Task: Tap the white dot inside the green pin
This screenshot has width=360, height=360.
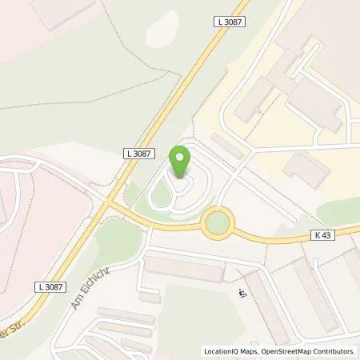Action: [181, 158]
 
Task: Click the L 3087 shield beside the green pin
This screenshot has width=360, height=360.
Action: [138, 152]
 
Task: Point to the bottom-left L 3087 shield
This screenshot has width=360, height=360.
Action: [50, 286]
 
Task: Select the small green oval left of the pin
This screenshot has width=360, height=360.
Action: [160, 192]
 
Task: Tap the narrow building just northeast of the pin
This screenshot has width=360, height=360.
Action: [226, 146]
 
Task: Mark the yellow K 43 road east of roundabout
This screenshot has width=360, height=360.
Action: [280, 238]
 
